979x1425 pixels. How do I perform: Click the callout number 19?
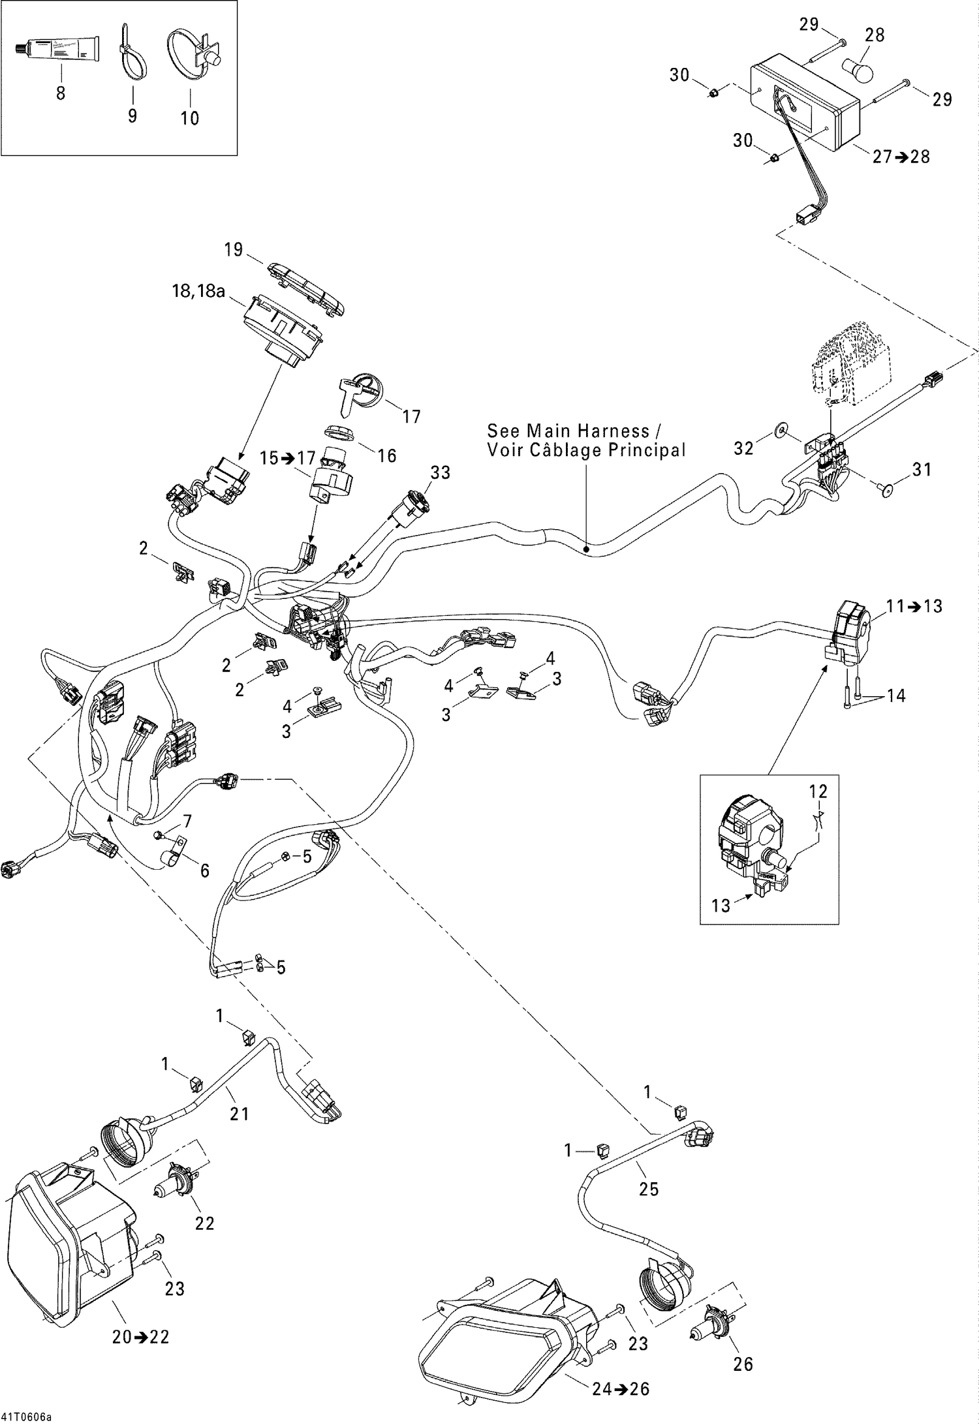pos(233,249)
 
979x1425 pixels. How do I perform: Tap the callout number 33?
pos(441,472)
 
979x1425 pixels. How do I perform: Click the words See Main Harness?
pos(568,431)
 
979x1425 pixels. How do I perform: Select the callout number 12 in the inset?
pos(818,791)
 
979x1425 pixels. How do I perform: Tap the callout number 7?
pos(187,821)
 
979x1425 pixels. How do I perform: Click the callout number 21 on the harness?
pos(240,1113)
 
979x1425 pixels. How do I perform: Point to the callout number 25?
pos(649,1189)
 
